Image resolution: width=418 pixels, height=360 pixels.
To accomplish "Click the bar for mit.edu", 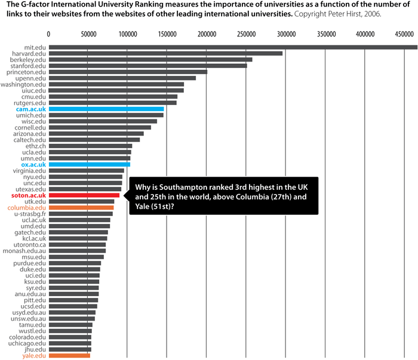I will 233,47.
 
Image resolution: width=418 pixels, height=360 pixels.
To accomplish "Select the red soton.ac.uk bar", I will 84,195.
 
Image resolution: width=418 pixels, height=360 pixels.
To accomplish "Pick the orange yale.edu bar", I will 69,356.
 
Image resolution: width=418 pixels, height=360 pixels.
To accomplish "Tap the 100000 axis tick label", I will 128,35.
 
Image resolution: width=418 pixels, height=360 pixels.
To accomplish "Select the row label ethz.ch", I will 36,146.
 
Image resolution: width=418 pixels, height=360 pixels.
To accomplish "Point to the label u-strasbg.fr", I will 29,214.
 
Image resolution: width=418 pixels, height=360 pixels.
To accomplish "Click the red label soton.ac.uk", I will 28,195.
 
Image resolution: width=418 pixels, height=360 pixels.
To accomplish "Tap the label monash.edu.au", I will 27,251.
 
